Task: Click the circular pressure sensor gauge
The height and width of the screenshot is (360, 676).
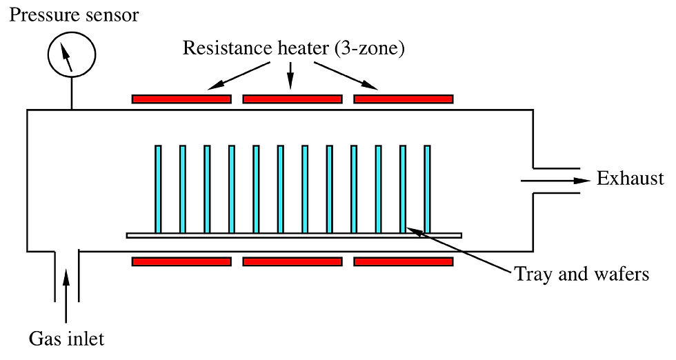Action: pyautogui.click(x=72, y=54)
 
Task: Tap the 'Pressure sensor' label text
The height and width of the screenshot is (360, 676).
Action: pyautogui.click(x=74, y=15)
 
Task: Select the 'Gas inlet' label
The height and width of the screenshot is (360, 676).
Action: pyautogui.click(x=66, y=339)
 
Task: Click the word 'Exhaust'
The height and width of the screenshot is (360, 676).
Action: pyautogui.click(x=630, y=178)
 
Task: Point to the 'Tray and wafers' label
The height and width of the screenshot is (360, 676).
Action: pyautogui.click(x=582, y=274)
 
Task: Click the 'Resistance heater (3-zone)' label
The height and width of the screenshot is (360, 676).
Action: pyautogui.click(x=294, y=48)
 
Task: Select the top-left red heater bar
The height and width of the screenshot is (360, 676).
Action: pyautogui.click(x=181, y=99)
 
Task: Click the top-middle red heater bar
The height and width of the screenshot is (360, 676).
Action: pyautogui.click(x=292, y=99)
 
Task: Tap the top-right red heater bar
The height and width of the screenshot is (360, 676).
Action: pyautogui.click(x=404, y=99)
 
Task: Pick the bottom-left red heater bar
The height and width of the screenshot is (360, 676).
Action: pyautogui.click(x=181, y=261)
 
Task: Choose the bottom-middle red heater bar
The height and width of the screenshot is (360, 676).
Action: pyautogui.click(x=292, y=261)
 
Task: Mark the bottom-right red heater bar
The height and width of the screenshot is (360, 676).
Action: pyautogui.click(x=404, y=261)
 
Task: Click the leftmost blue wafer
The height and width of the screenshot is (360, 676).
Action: pyautogui.click(x=158, y=189)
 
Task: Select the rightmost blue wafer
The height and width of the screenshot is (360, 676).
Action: pyautogui.click(x=427, y=189)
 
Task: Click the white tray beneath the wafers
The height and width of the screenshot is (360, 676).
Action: pyautogui.click(x=294, y=235)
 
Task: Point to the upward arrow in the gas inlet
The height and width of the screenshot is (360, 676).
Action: pyautogui.click(x=66, y=295)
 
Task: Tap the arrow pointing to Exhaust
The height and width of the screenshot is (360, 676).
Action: pyautogui.click(x=555, y=181)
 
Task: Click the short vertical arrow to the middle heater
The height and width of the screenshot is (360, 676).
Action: pyautogui.click(x=290, y=76)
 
